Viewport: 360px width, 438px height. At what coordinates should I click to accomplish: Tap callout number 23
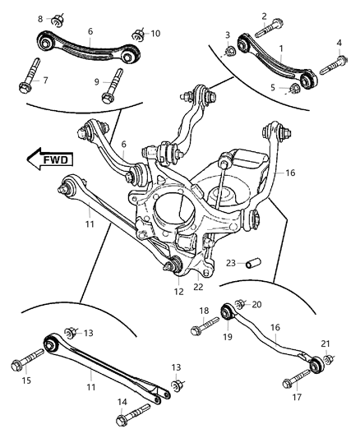[232, 264]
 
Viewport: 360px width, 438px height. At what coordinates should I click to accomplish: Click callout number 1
[280, 49]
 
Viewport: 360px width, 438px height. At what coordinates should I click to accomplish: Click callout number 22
[197, 287]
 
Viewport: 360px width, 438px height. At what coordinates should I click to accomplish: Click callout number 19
[228, 335]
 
